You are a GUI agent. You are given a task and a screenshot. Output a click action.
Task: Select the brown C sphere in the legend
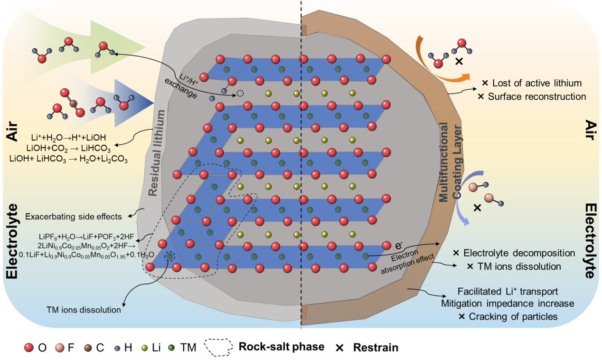coord(87,348)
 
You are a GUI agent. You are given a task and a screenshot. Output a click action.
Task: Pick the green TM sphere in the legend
coord(173,348)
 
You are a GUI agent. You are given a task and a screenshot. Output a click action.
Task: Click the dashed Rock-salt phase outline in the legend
coord(220,348)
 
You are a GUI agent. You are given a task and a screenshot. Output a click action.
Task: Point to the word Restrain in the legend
coord(375,348)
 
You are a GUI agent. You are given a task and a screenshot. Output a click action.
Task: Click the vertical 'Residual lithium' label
coord(156,153)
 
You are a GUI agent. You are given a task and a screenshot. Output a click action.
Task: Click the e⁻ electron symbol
coord(400,246)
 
